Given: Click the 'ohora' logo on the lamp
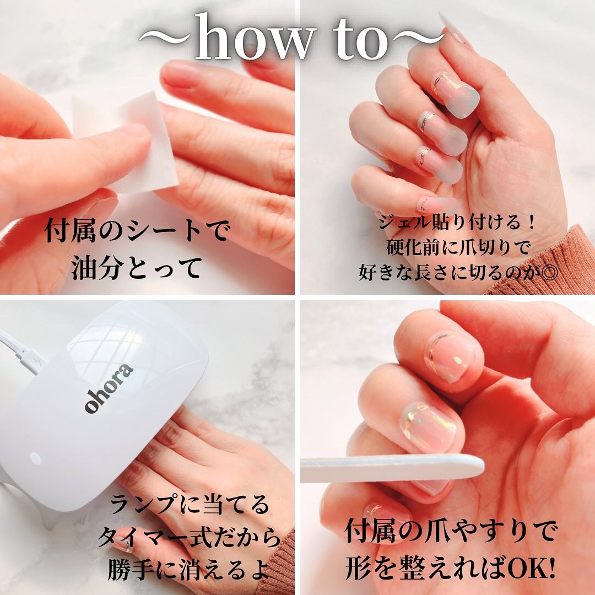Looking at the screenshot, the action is click(x=109, y=388).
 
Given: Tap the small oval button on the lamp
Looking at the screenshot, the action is click(x=35, y=458).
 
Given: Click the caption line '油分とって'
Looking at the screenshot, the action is click(x=137, y=268).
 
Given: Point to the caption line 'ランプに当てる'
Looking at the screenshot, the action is click(x=190, y=505).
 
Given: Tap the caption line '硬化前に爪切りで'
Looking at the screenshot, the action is click(x=458, y=247).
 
